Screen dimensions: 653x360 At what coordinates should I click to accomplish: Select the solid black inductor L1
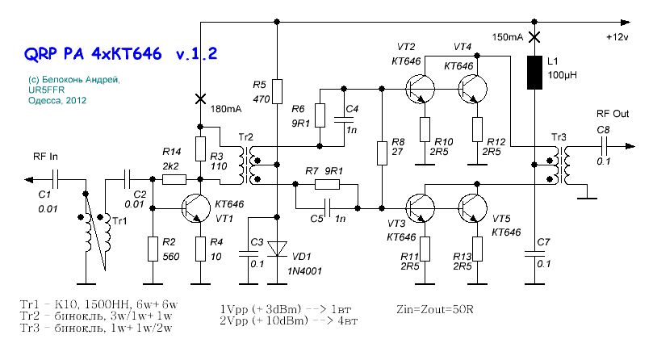click(x=534, y=73)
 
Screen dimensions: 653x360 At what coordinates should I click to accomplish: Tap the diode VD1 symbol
click(x=277, y=249)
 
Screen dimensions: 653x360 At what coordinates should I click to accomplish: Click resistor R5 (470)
click(x=277, y=91)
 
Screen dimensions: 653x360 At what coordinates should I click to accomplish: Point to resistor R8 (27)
click(x=382, y=153)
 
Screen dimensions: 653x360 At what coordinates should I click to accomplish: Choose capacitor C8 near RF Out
click(x=604, y=146)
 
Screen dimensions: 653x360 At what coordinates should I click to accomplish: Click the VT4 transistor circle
click(x=473, y=89)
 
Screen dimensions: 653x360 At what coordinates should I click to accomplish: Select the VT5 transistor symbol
click(x=473, y=208)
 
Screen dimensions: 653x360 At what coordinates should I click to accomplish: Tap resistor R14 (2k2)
click(x=174, y=179)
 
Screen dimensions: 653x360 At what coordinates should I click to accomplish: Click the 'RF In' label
click(x=45, y=157)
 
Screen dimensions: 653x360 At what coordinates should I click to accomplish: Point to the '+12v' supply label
click(x=617, y=37)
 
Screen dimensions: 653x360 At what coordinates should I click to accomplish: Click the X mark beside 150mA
click(x=534, y=37)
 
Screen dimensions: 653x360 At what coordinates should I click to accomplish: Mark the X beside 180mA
click(x=200, y=99)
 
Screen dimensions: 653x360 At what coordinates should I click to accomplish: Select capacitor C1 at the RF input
click(x=56, y=179)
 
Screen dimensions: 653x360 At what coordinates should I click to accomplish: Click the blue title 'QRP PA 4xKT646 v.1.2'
click(x=121, y=54)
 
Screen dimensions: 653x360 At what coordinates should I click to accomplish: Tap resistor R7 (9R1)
click(x=327, y=184)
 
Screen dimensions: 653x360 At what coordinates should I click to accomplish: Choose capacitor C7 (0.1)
click(x=534, y=253)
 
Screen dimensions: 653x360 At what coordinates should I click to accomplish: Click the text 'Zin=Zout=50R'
click(x=435, y=310)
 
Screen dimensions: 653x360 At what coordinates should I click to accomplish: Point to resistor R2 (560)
click(x=153, y=249)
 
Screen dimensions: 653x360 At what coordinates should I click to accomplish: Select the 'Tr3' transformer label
click(x=559, y=137)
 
